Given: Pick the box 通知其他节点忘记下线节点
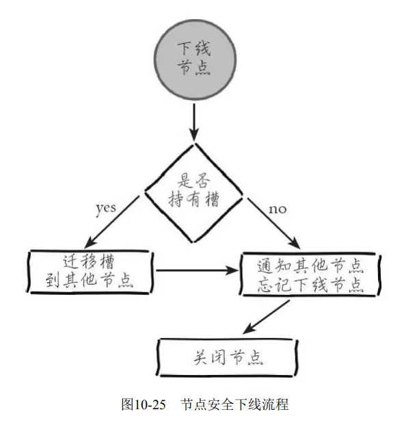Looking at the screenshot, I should click(309, 274).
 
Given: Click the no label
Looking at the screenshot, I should click(277, 208).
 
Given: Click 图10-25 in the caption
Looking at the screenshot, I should click(144, 404).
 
